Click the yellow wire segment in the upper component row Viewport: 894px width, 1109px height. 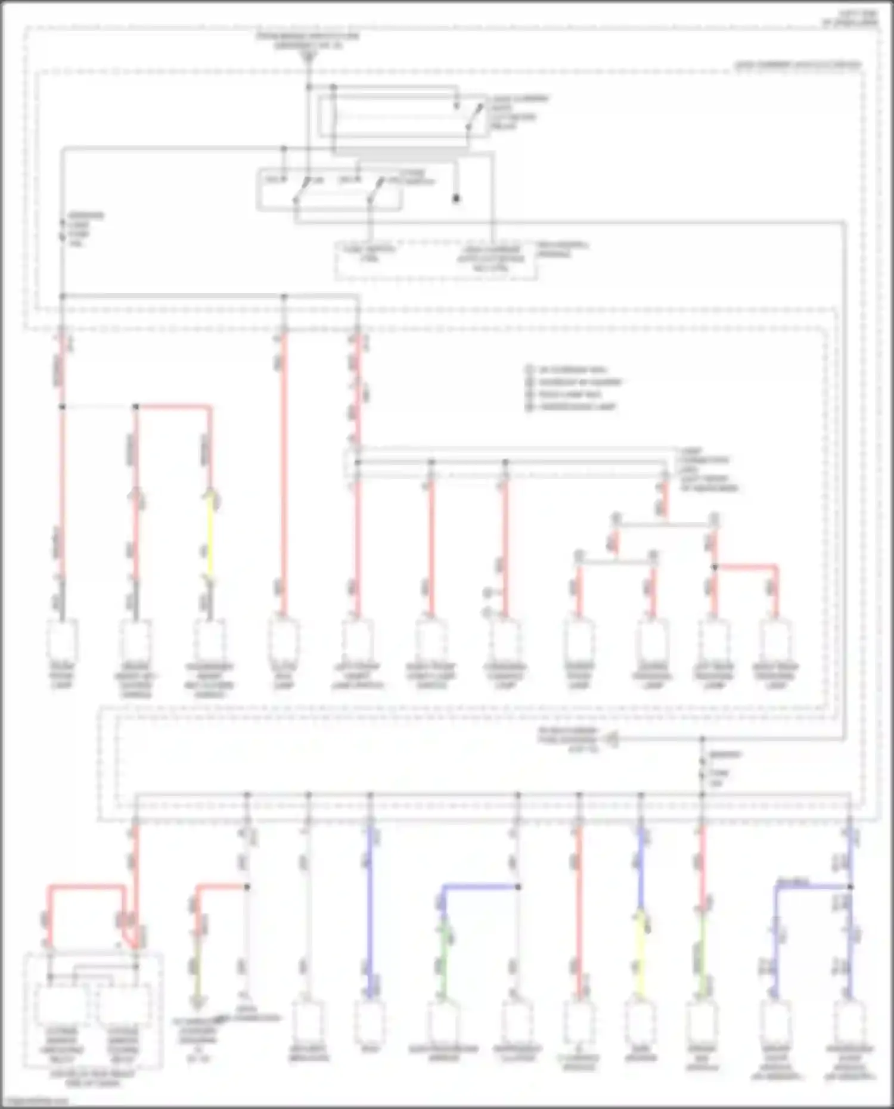(210, 536)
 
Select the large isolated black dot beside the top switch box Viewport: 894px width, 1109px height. (457, 198)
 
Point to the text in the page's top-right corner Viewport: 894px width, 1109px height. (849, 18)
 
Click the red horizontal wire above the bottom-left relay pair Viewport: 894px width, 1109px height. (86, 887)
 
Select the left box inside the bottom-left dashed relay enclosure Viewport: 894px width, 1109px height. (61, 1005)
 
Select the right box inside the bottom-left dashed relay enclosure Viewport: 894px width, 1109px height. (123, 1005)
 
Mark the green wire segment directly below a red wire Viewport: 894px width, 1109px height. (703, 953)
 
